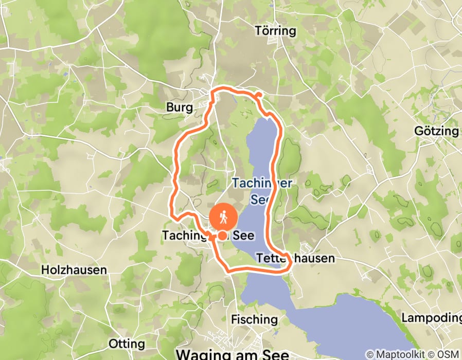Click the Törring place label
tap(275, 31)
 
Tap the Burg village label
tap(180, 107)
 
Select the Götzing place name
tap(436, 131)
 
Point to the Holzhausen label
tap(74, 269)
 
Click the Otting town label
tap(127, 344)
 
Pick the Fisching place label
tap(255, 319)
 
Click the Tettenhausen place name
tap(295, 258)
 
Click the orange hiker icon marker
tap(224, 217)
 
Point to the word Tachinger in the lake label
tap(257, 183)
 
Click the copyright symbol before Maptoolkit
tap(370, 354)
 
